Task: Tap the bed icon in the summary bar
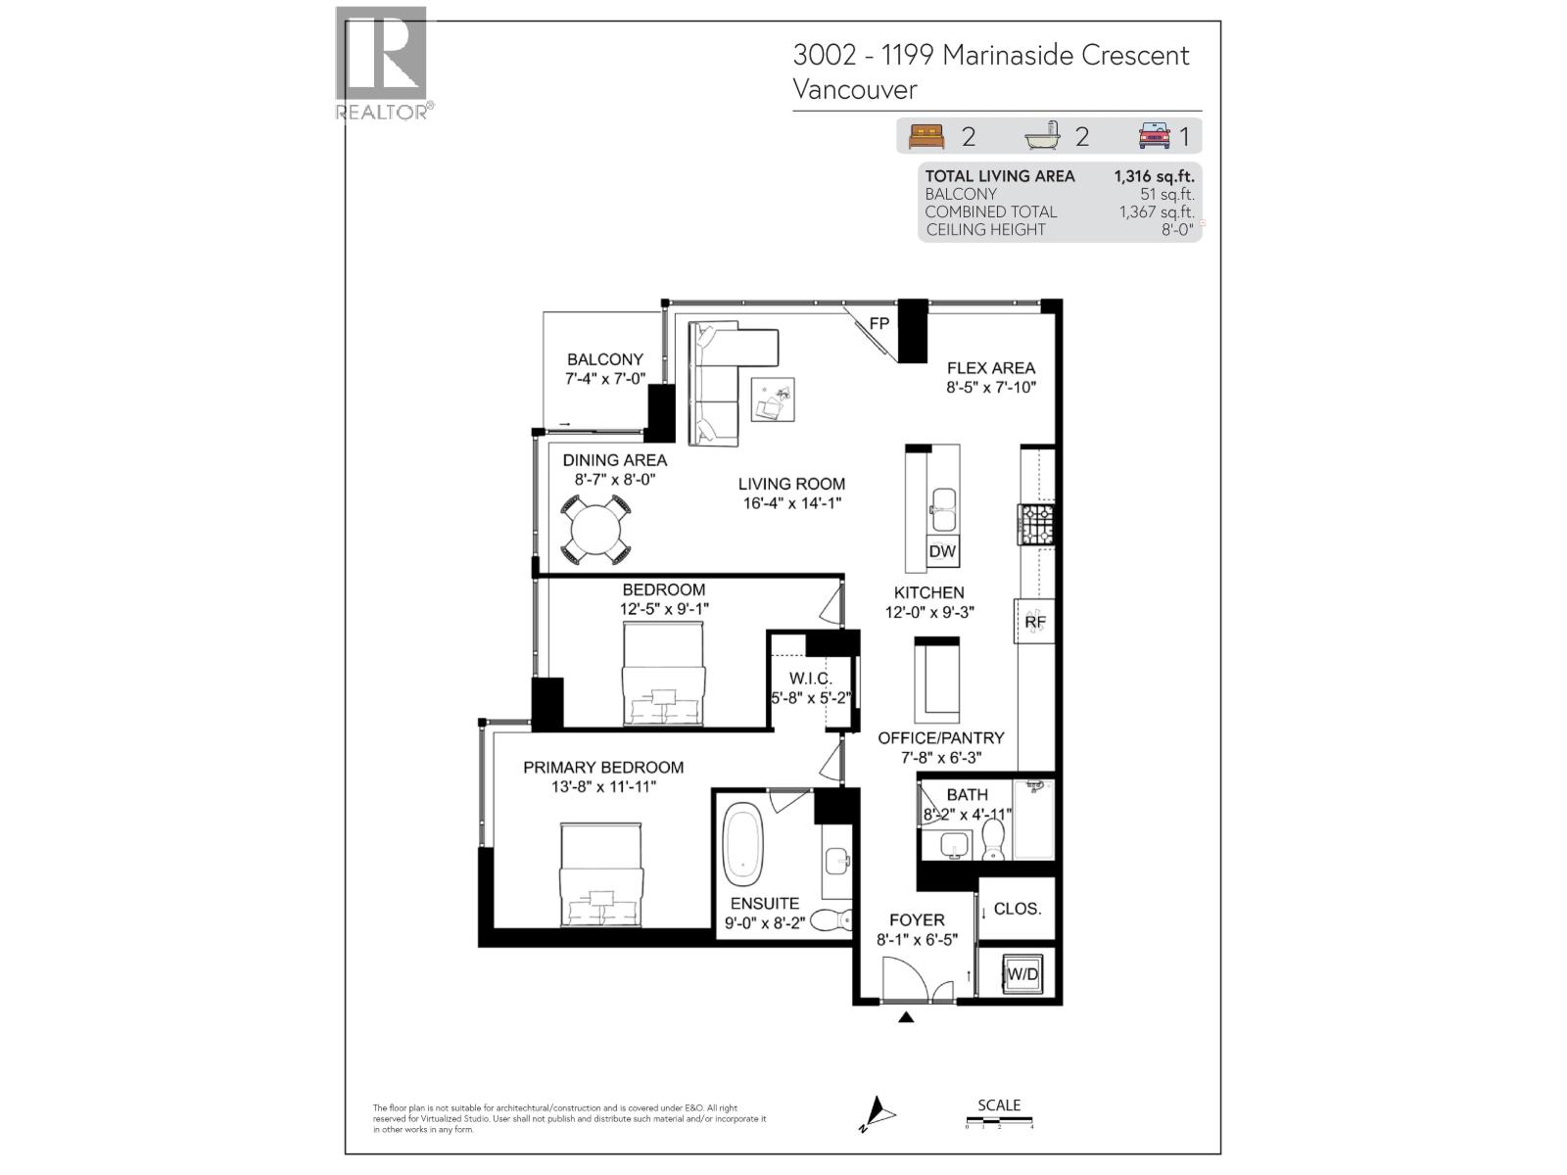(926, 136)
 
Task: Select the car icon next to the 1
(1155, 136)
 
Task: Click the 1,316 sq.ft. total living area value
(1154, 176)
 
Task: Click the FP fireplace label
(879, 324)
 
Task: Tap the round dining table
(595, 530)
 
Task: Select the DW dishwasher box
(942, 551)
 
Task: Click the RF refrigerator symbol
(1035, 622)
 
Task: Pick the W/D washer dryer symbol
(1022, 974)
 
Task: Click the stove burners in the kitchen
(1036, 524)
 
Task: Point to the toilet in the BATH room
(993, 839)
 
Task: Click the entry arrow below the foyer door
(906, 1017)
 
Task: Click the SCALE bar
(999, 1124)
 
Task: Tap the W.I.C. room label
(811, 679)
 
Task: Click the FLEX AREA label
(990, 368)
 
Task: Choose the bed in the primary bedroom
(600, 875)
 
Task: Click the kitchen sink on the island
(944, 501)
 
